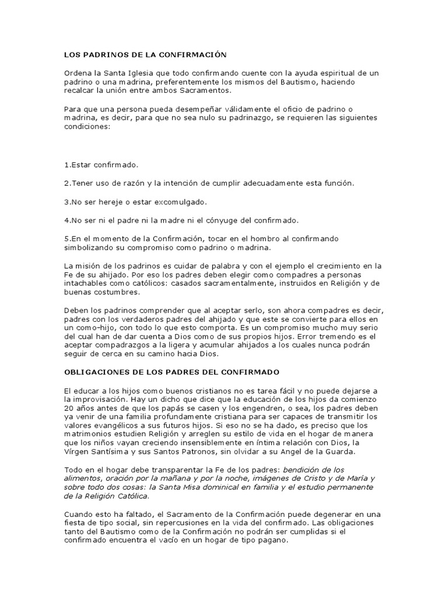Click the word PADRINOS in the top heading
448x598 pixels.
pos(103,54)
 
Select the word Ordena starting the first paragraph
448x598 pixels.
pos(79,73)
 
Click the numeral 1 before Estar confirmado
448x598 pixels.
pos(66,165)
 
